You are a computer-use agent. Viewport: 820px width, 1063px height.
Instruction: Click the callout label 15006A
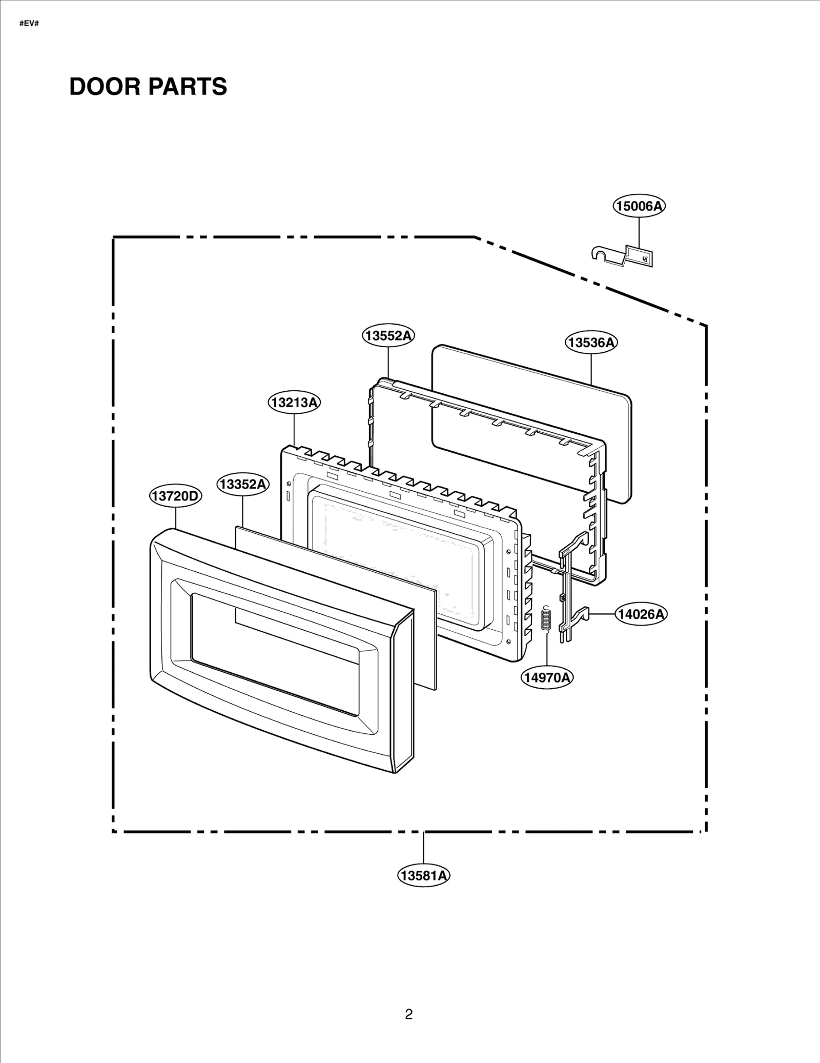tap(639, 206)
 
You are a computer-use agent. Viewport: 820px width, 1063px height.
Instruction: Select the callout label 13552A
tap(388, 336)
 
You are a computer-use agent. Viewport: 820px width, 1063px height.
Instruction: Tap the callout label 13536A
tap(591, 342)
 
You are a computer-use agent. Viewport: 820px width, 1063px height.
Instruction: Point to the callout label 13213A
tap(294, 403)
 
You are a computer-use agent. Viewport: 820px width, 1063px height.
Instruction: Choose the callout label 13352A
tap(242, 484)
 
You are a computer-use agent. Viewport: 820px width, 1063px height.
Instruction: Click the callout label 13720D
tap(176, 496)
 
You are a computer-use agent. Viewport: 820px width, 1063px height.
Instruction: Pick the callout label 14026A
tap(641, 614)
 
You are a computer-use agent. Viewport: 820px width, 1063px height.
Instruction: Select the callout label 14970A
tap(547, 677)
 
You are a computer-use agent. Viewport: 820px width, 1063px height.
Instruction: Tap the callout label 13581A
tap(424, 875)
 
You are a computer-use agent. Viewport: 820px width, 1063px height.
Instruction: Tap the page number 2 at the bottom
tap(408, 1014)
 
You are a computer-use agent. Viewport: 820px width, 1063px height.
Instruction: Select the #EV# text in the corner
tap(29, 24)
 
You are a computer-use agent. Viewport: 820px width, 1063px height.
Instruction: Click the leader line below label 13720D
tap(176, 518)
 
